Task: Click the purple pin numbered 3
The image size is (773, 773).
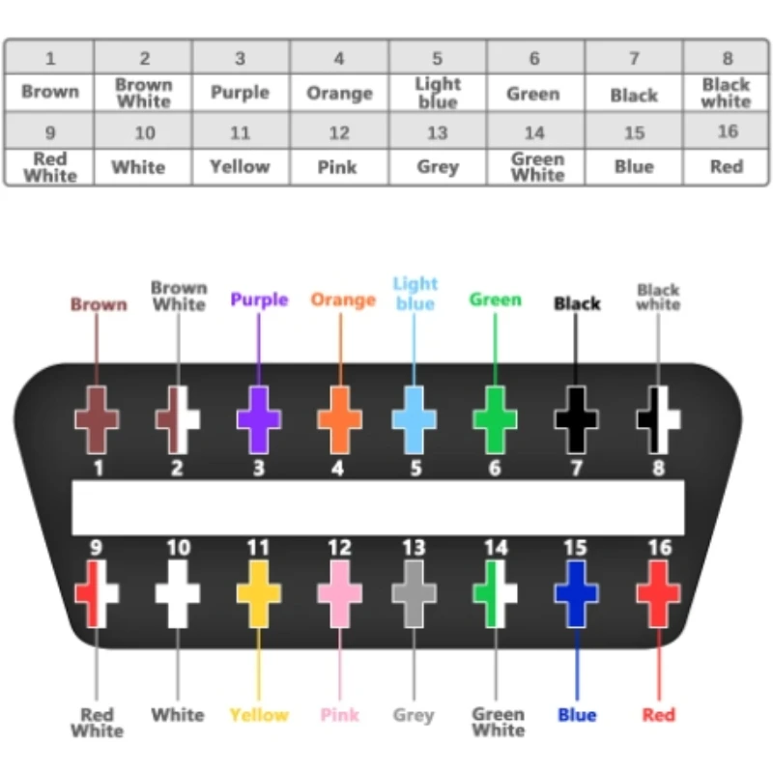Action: pyautogui.click(x=259, y=420)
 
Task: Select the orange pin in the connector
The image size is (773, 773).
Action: pyautogui.click(x=339, y=420)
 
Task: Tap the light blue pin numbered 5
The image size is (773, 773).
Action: pyautogui.click(x=414, y=420)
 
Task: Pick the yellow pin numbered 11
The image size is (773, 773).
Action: pyautogui.click(x=259, y=592)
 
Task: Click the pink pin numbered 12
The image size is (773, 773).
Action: pyautogui.click(x=339, y=592)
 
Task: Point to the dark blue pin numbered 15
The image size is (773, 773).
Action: pyautogui.click(x=576, y=592)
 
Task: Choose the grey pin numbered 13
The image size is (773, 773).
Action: pyautogui.click(x=414, y=592)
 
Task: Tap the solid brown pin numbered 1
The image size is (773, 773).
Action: pyautogui.click(x=97, y=420)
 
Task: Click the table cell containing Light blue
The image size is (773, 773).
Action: pyautogui.click(x=438, y=93)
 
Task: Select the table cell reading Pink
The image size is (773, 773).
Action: pyautogui.click(x=338, y=167)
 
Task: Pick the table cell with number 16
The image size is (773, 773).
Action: pyautogui.click(x=727, y=131)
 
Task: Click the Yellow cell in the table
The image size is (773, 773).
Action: pyautogui.click(x=240, y=167)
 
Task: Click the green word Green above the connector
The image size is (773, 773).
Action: pyautogui.click(x=495, y=300)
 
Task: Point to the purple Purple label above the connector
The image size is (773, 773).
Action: pyautogui.click(x=259, y=300)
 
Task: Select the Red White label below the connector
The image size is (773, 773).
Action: pyautogui.click(x=97, y=723)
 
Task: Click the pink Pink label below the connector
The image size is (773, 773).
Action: pyautogui.click(x=339, y=715)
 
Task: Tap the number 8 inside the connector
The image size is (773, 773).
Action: pyautogui.click(x=658, y=470)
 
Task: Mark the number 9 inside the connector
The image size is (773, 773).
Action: pyautogui.click(x=96, y=548)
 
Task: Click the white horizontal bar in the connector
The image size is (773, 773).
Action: pyautogui.click(x=378, y=507)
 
